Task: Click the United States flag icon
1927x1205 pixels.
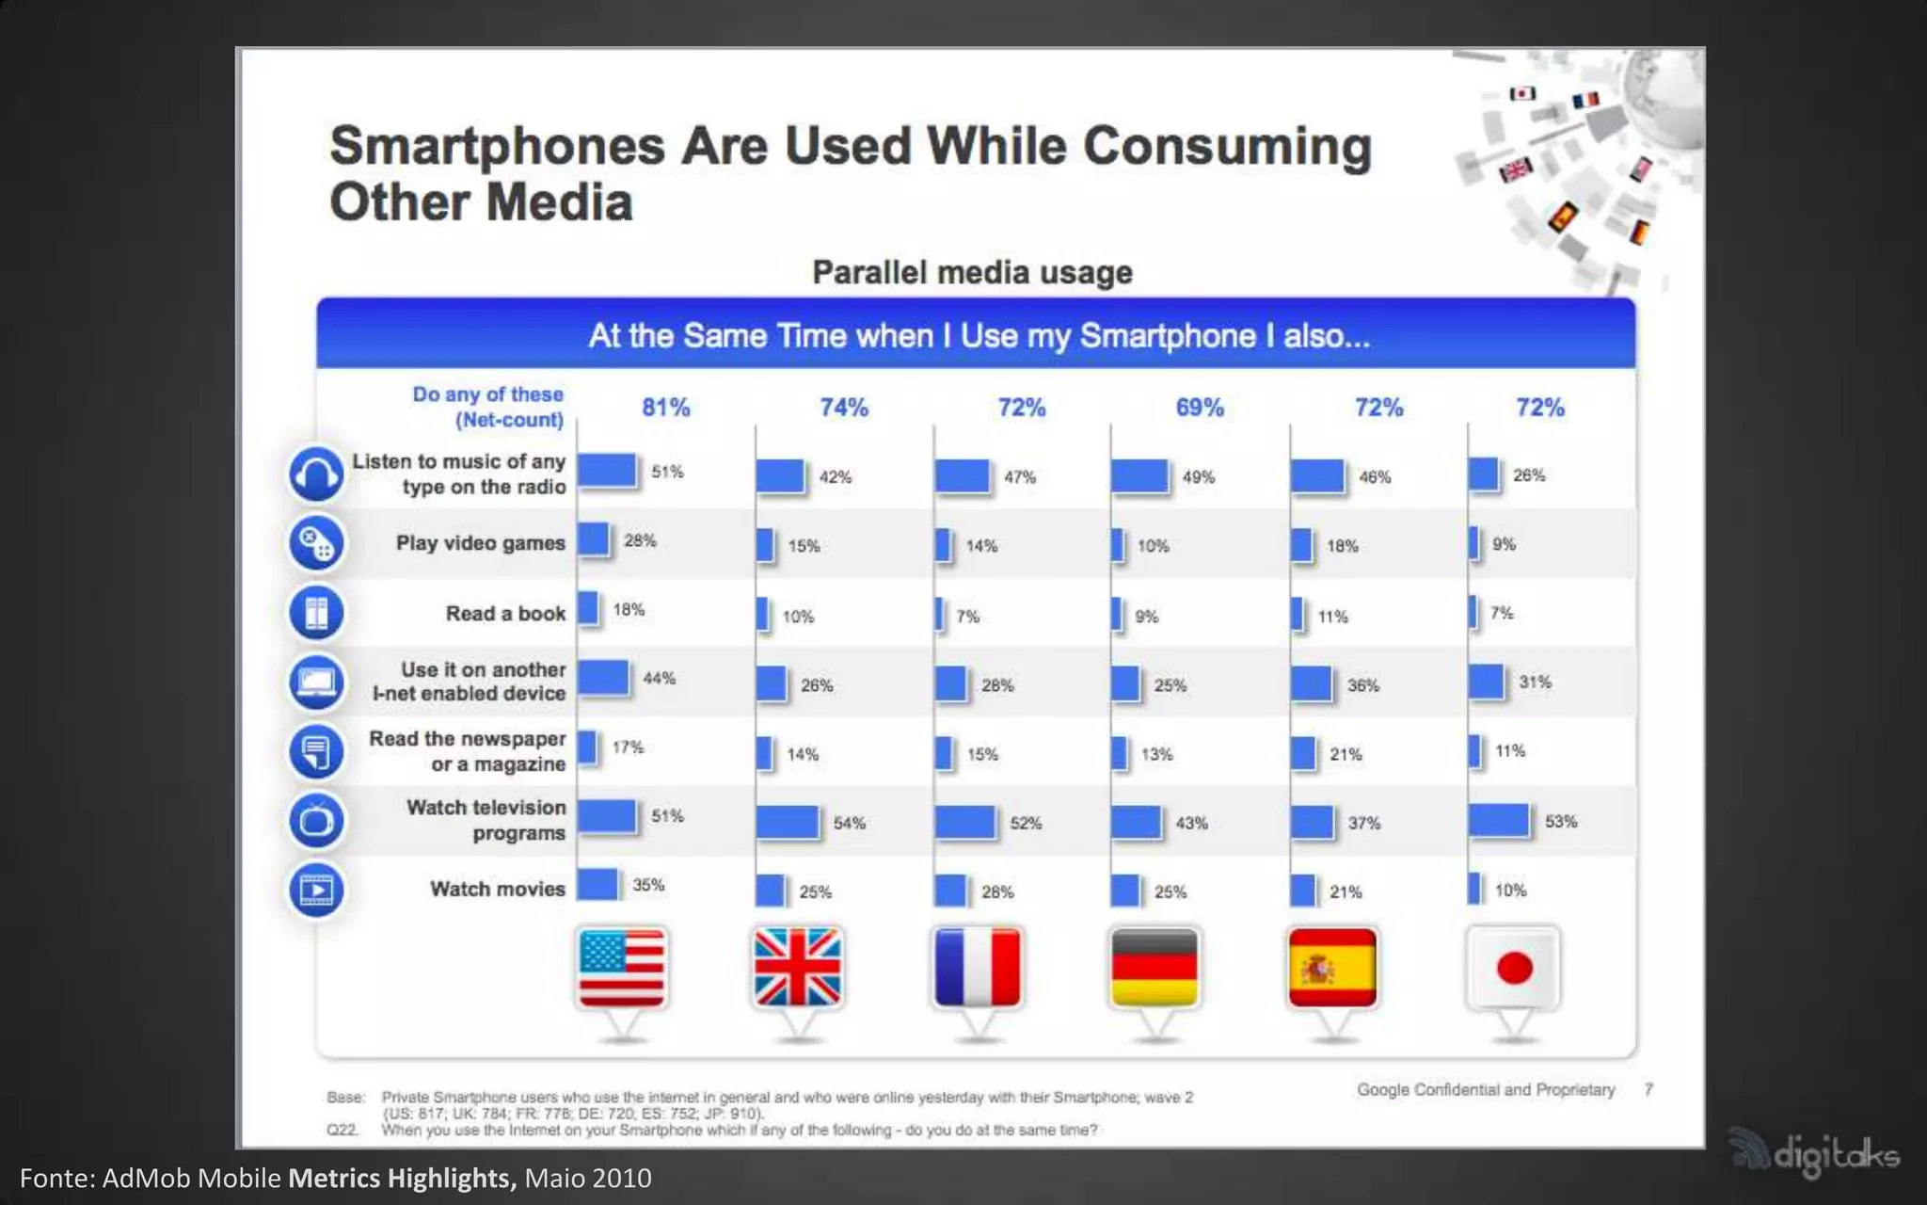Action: click(622, 968)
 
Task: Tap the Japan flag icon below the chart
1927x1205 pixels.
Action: click(1513, 968)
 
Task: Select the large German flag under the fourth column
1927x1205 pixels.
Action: click(1155, 968)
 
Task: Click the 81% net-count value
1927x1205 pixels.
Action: click(665, 408)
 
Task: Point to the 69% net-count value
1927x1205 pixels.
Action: click(1200, 408)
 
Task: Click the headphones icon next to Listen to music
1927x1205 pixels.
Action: click(316, 474)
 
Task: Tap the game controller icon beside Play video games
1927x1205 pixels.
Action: click(316, 543)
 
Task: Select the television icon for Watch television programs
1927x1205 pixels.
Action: click(316, 820)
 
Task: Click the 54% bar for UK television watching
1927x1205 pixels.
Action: click(788, 823)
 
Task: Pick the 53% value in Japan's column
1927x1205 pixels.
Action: click(1560, 822)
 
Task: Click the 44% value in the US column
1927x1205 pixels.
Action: click(659, 678)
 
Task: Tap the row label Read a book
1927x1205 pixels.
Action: click(505, 614)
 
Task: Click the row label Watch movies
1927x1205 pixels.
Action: click(497, 889)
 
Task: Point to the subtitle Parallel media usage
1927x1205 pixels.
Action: click(972, 273)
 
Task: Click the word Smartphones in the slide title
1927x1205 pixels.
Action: click(498, 147)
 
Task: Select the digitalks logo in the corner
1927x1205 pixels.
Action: click(1816, 1153)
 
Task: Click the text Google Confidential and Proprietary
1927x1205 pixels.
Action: click(1486, 1089)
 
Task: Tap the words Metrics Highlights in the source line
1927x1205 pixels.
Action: click(402, 1179)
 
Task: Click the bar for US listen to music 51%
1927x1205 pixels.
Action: click(607, 471)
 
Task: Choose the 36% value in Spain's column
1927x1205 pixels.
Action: click(1362, 685)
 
